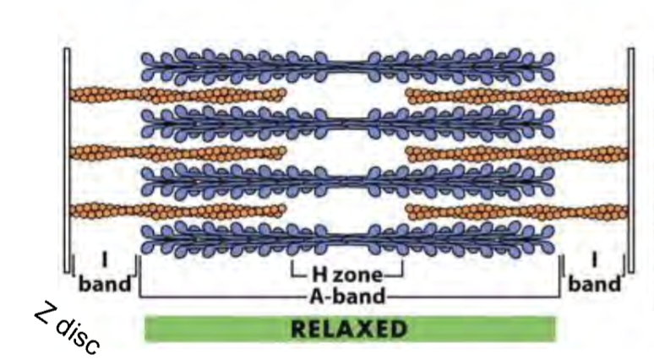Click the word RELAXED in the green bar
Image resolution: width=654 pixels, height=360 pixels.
pos(349,329)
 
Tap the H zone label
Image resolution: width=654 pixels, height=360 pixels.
pos(346,275)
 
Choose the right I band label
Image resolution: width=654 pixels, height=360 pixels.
pos(595,275)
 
